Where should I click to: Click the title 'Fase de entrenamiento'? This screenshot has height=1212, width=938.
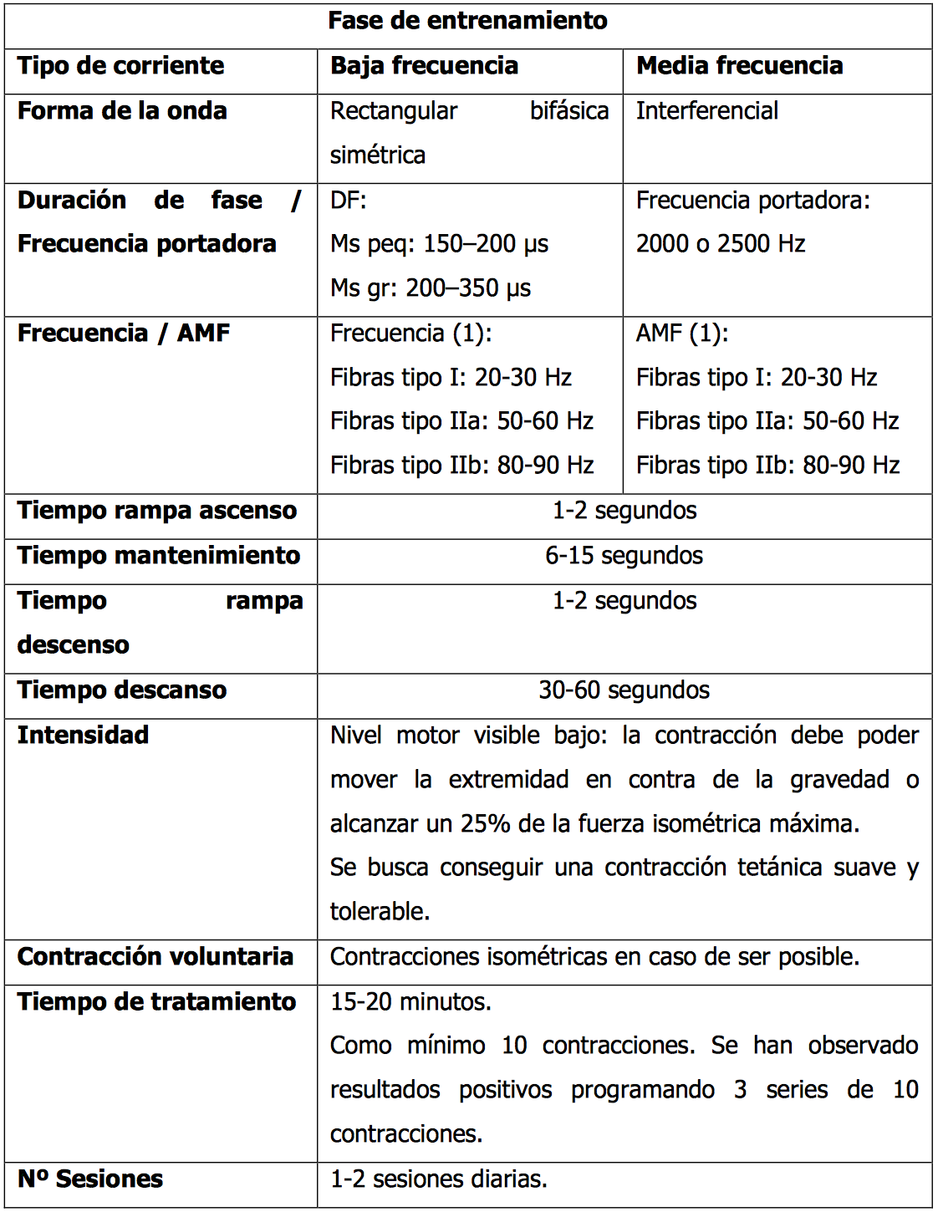[467, 21]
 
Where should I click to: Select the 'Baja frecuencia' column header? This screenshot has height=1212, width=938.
[424, 66]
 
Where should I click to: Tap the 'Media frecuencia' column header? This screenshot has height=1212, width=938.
[739, 66]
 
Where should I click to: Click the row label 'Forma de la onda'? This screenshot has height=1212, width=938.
[122, 111]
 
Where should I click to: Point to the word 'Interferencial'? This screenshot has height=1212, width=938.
[706, 111]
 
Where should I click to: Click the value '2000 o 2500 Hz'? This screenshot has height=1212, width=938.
[721, 244]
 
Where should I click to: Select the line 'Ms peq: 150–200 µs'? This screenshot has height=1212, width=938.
[439, 244]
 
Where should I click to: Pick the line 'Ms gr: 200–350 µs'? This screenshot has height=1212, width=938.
[431, 288]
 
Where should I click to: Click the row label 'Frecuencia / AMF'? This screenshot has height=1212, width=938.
[124, 334]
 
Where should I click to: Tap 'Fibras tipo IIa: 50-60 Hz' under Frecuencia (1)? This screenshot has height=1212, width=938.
[461, 421]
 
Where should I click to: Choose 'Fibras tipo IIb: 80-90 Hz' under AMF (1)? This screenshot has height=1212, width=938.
[767, 466]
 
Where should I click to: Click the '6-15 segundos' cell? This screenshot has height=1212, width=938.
[624, 556]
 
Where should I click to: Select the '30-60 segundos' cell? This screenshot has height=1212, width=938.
[624, 690]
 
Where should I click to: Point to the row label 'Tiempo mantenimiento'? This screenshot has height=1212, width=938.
[159, 556]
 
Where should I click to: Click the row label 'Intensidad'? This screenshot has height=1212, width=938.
[83, 736]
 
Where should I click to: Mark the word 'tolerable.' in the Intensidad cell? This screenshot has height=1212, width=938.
[380, 912]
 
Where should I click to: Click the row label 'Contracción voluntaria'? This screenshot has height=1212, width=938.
[155, 957]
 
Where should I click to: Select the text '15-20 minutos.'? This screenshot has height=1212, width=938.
[410, 1002]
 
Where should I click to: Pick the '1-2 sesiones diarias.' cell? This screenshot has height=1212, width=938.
[438, 1179]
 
